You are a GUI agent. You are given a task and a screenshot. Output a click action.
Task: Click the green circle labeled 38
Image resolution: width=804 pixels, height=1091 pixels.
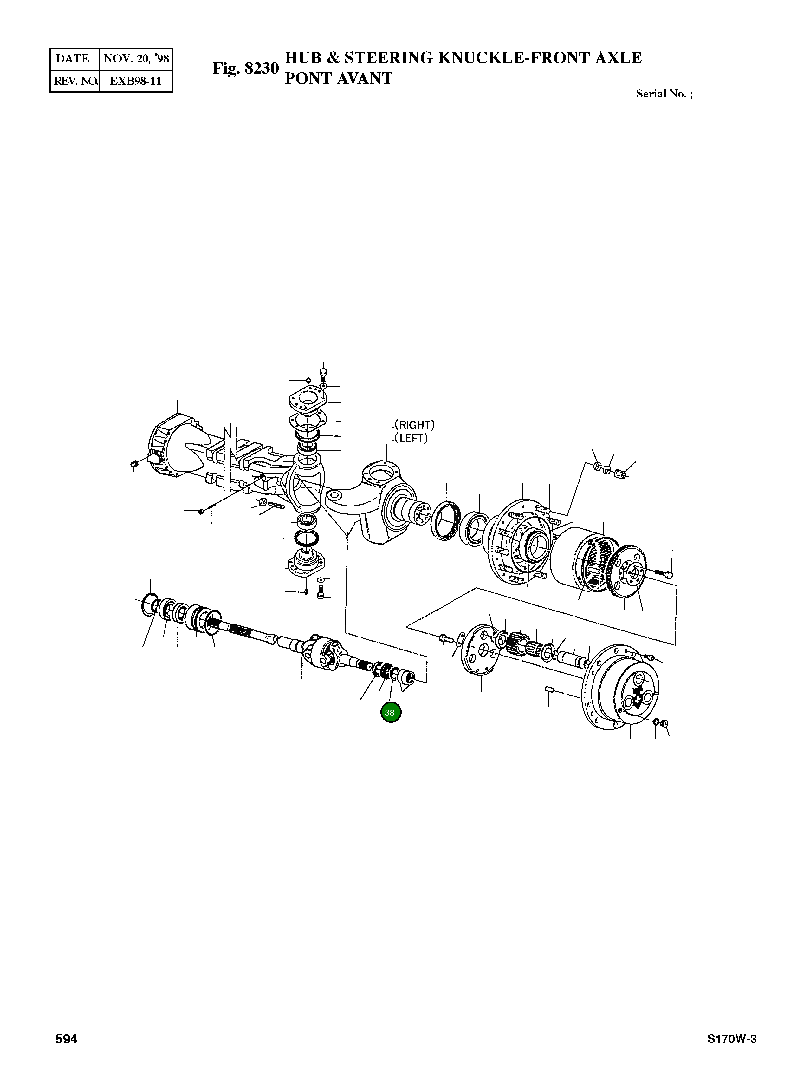tap(391, 713)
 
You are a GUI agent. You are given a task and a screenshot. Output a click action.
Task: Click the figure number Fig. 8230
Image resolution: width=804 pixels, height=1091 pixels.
tap(245, 68)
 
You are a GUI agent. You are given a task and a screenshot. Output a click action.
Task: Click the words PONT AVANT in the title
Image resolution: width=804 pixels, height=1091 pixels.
tap(338, 78)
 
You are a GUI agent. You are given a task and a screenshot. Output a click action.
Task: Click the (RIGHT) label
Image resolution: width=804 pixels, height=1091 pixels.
tap(414, 425)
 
